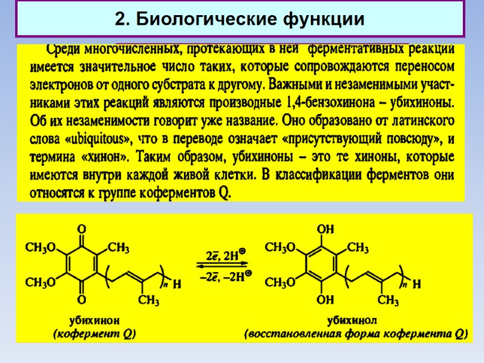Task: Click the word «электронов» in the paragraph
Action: [x=65, y=83]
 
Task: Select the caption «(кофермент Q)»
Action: [x=94, y=333]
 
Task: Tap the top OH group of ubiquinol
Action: [x=325, y=229]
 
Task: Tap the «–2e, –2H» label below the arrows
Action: [x=221, y=277]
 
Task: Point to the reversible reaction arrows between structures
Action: [x=220, y=266]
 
